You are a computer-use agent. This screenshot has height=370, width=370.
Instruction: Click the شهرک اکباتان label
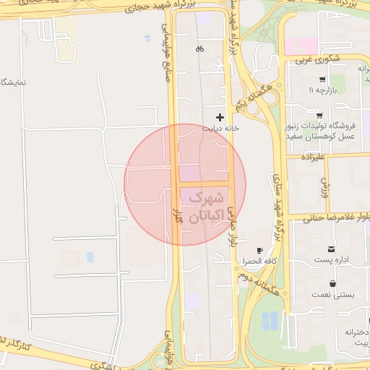(x=207, y=206)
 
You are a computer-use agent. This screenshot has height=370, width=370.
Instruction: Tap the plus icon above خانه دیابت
(x=220, y=117)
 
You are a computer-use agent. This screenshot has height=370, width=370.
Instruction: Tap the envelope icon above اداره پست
(x=332, y=249)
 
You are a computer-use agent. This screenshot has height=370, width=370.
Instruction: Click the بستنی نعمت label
(x=331, y=295)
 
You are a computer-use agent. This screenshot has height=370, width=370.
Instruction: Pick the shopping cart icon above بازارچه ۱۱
(x=322, y=79)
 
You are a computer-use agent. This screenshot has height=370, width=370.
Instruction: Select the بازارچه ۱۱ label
(x=322, y=91)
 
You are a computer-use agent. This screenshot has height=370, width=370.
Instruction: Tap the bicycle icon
(x=199, y=49)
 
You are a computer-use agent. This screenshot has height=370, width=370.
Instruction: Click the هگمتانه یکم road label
(x=252, y=96)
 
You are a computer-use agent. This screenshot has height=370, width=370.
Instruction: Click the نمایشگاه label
(x=13, y=81)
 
